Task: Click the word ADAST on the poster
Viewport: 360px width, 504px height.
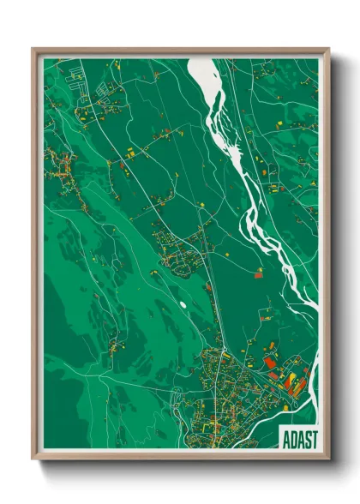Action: click(x=299, y=439)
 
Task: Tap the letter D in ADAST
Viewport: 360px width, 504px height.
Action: click(x=291, y=439)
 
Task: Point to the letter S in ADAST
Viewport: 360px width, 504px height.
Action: click(x=307, y=439)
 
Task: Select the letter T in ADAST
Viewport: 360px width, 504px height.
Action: click(x=314, y=439)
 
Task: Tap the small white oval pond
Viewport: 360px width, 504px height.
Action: click(x=182, y=303)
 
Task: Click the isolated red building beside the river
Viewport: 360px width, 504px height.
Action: click(x=259, y=274)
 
